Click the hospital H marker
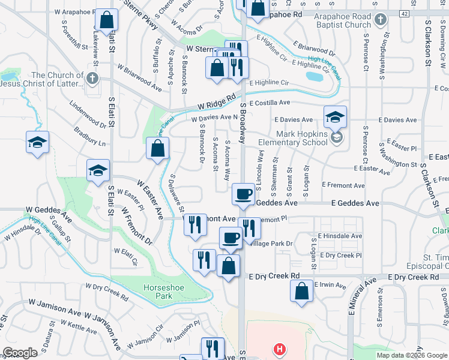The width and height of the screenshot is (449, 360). pyautogui.click(x=279, y=348)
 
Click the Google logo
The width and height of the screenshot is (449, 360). pyautogui.click(x=20, y=353)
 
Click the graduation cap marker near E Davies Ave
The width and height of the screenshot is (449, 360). pyautogui.click(x=335, y=116)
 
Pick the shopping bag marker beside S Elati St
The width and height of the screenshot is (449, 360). pyautogui.click(x=106, y=19)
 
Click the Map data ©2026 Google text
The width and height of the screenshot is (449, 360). pyautogui.click(x=411, y=355)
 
